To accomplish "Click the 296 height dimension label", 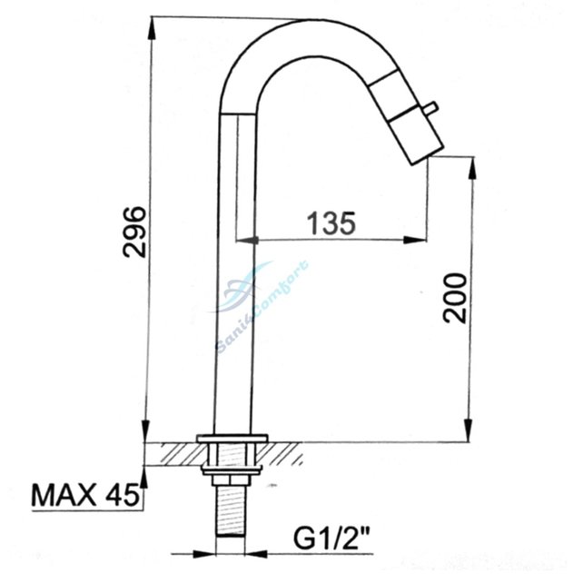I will tap(133, 232).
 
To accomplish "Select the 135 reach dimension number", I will tap(329, 222).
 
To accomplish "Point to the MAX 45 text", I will tap(84, 495).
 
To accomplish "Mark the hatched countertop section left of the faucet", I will tap(176, 451).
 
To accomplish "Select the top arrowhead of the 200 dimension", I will tap(469, 164).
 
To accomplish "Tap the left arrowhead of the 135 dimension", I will tap(243, 241).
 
